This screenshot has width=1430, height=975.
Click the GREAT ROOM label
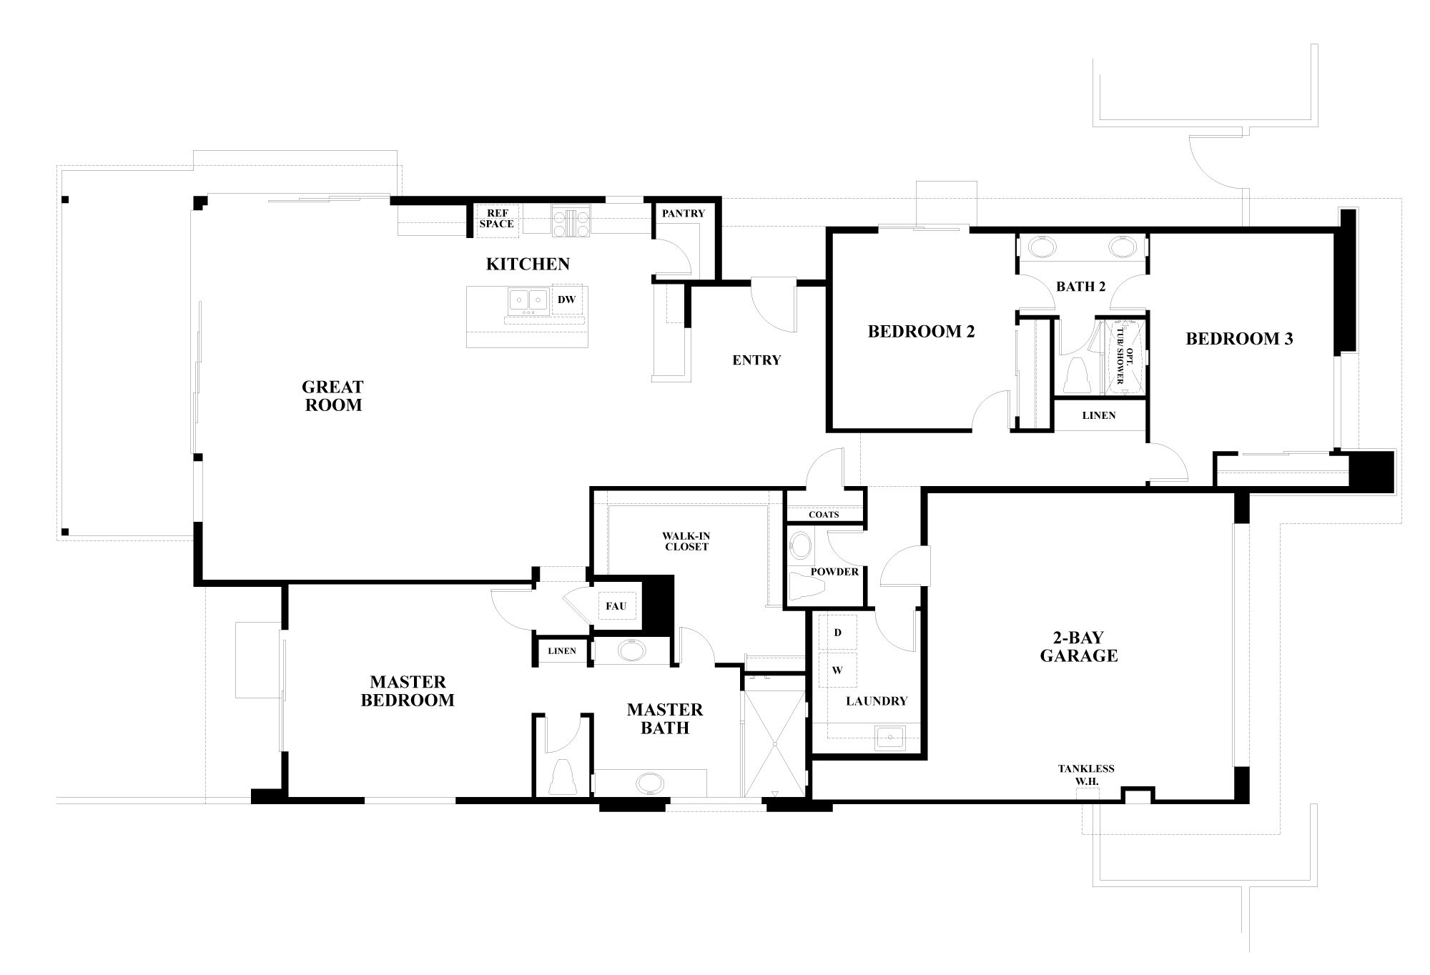coord(332,396)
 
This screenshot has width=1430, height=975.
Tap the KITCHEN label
coord(528,264)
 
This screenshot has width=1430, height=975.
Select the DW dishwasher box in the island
coord(567,300)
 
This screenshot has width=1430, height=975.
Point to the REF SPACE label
coord(496,219)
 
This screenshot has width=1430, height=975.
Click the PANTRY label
coord(683,213)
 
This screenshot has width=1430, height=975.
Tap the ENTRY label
coord(756,360)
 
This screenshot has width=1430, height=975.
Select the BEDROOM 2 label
coord(921,332)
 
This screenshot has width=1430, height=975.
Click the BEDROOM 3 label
coord(1239,339)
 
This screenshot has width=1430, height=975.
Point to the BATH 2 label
coord(1081,287)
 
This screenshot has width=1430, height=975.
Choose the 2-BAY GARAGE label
coord(1078,646)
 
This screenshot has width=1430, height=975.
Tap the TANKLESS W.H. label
coord(1086,775)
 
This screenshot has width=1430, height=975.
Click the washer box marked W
coord(837,670)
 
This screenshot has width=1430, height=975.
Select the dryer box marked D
coord(837,633)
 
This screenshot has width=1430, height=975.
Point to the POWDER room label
coord(834,572)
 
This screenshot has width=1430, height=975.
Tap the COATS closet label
coord(824,515)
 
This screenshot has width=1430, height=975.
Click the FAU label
coord(616,606)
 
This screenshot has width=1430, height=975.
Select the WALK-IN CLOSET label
coord(685,541)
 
